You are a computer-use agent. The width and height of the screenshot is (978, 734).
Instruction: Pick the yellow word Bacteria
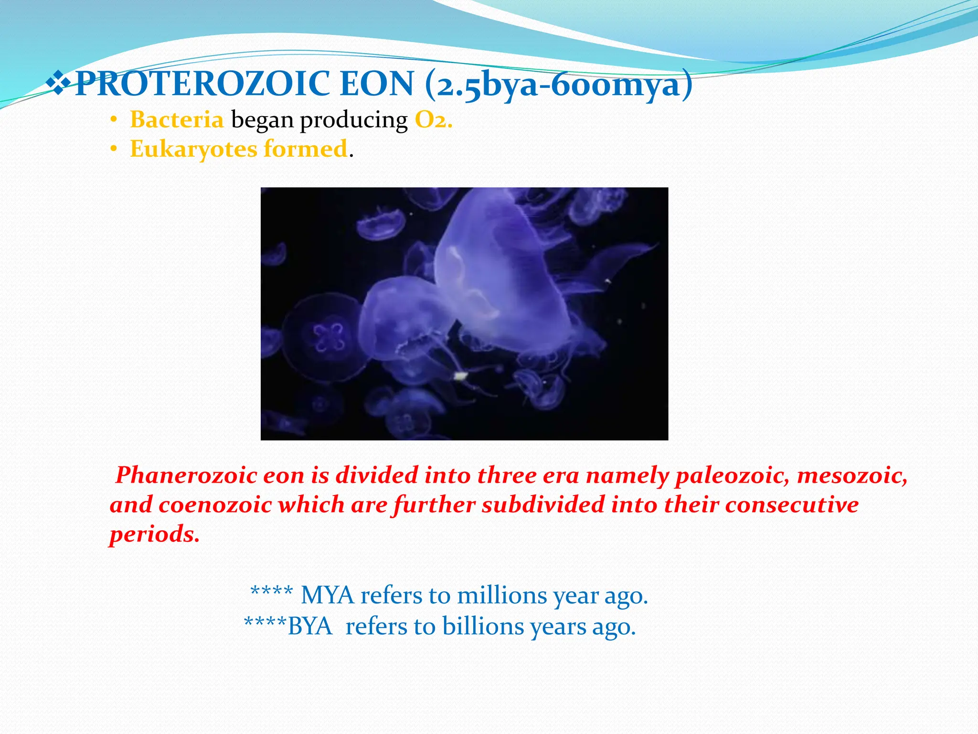pos(177,119)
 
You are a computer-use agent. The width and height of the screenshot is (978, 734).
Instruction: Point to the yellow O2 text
pos(433,120)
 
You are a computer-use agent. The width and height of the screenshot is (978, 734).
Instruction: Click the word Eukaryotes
pos(193,149)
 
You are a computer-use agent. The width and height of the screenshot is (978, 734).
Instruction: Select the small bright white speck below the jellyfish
pos(460,377)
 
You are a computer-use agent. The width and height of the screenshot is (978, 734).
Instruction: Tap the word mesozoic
pos(852,476)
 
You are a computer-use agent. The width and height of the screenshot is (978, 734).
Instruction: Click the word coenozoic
pos(215,505)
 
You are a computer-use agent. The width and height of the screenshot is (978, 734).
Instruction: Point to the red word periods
pos(154,534)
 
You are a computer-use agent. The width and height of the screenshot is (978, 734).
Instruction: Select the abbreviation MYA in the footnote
pos(328,596)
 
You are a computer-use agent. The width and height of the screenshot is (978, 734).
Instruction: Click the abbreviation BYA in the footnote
pos(309,626)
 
